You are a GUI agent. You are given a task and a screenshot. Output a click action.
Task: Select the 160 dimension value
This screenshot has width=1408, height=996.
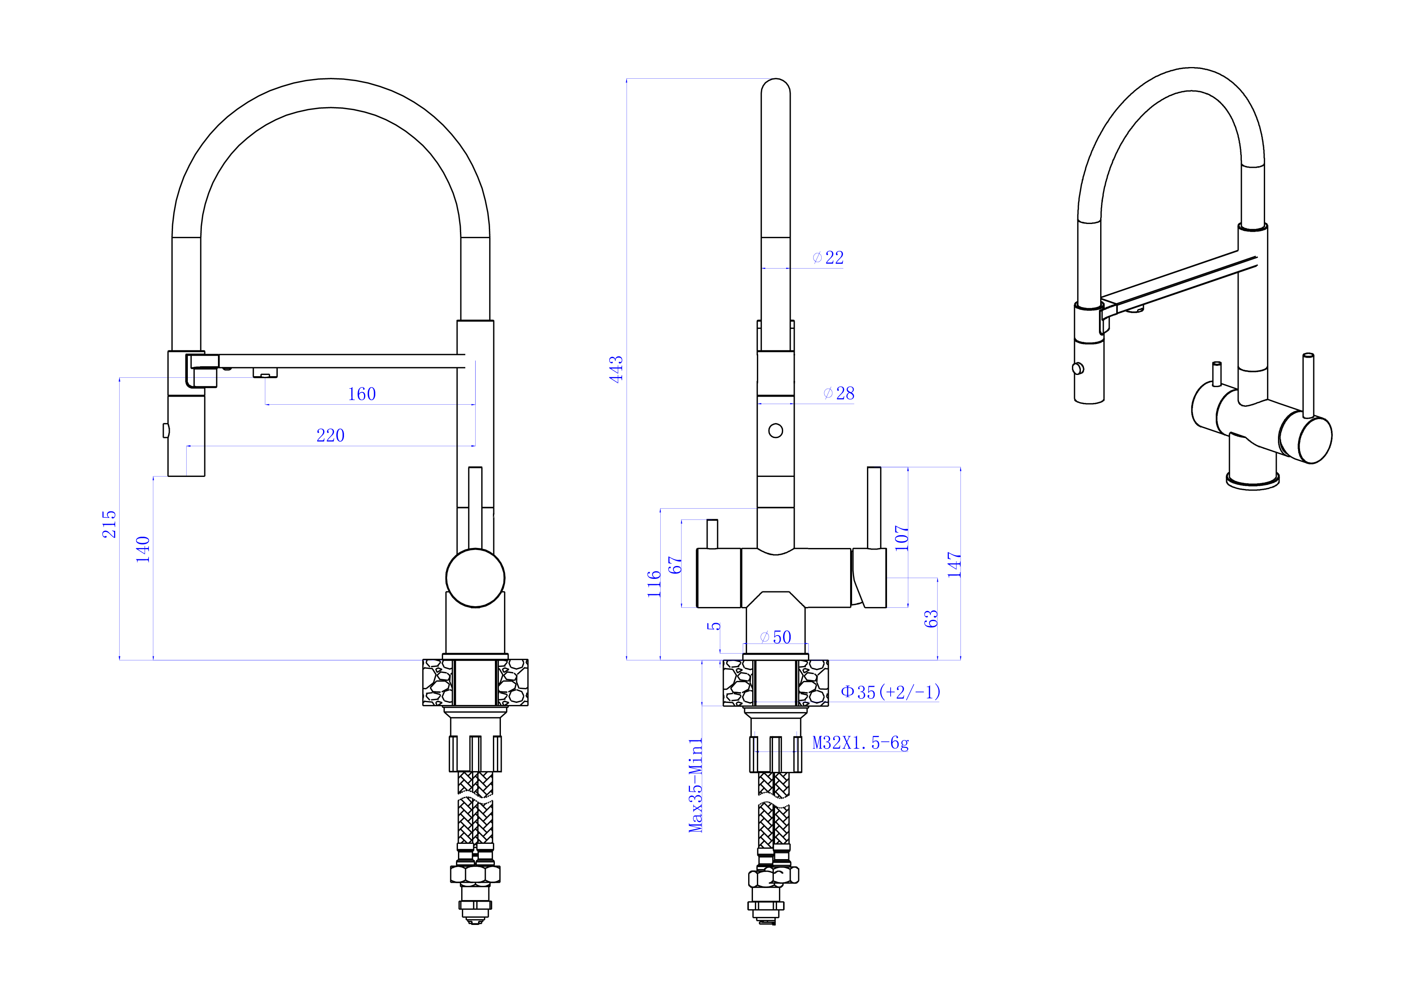pyautogui.click(x=362, y=394)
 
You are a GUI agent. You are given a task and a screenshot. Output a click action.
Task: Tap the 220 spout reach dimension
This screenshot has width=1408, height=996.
pyautogui.click(x=331, y=436)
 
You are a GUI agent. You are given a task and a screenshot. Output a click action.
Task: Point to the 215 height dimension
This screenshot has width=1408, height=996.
pyautogui.click(x=109, y=524)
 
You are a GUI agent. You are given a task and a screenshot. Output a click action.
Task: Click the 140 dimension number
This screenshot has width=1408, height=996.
pyautogui.click(x=143, y=550)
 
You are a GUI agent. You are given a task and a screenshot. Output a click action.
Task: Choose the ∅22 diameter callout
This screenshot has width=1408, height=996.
pyautogui.click(x=828, y=258)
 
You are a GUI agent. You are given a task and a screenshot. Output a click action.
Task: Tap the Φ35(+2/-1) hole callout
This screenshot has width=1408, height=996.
pyautogui.click(x=890, y=693)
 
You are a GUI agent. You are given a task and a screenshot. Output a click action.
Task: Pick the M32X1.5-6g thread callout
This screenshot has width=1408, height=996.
pyautogui.click(x=861, y=743)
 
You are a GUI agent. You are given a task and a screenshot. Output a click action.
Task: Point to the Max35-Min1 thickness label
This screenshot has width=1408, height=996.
pyautogui.click(x=696, y=785)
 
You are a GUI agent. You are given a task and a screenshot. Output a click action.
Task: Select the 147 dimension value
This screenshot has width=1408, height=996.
pyautogui.click(x=954, y=564)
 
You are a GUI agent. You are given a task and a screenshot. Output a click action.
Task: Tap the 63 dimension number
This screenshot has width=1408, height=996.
pyautogui.click(x=931, y=619)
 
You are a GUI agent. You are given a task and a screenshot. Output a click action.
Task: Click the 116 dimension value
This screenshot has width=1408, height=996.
pyautogui.click(x=654, y=584)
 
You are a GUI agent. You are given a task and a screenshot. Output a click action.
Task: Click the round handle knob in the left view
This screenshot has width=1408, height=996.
pyautogui.click(x=475, y=578)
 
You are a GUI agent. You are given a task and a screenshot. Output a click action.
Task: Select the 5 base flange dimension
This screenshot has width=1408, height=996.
pyautogui.click(x=714, y=626)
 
